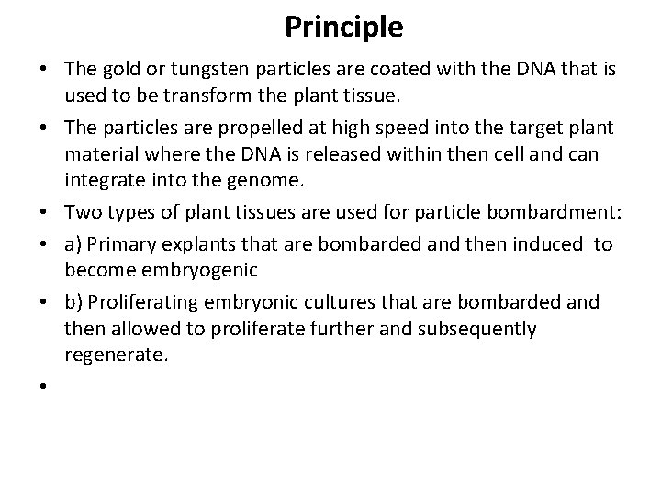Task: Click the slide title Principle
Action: [x=343, y=27]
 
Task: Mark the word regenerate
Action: [x=116, y=355]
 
